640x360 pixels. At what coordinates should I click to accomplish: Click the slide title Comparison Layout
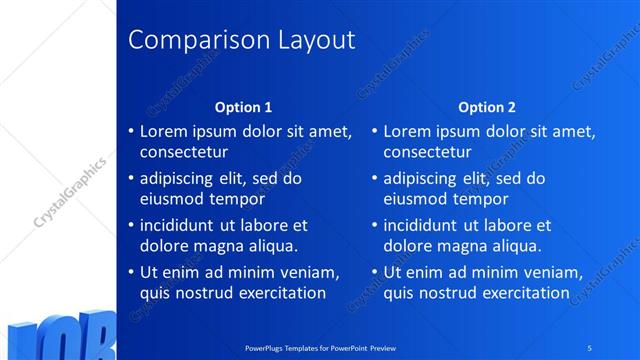click(x=243, y=41)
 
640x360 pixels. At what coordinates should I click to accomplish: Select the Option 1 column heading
click(x=243, y=107)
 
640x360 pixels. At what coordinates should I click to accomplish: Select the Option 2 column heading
click(x=487, y=107)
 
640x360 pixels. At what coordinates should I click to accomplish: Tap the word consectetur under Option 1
click(x=183, y=153)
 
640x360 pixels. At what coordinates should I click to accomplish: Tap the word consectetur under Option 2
click(x=427, y=153)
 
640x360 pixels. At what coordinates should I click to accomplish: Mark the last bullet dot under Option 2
click(x=374, y=273)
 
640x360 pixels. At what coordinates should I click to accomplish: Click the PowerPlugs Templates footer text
click(x=321, y=347)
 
